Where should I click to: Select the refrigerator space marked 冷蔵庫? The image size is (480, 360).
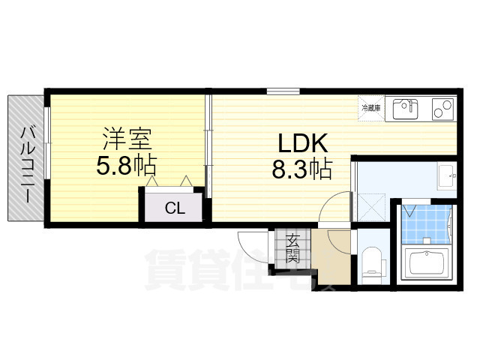pos(371,109)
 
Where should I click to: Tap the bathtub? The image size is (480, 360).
pos(427,263)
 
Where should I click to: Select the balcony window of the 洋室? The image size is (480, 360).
pos(47,142)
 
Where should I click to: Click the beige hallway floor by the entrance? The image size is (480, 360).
pos(330,259)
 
